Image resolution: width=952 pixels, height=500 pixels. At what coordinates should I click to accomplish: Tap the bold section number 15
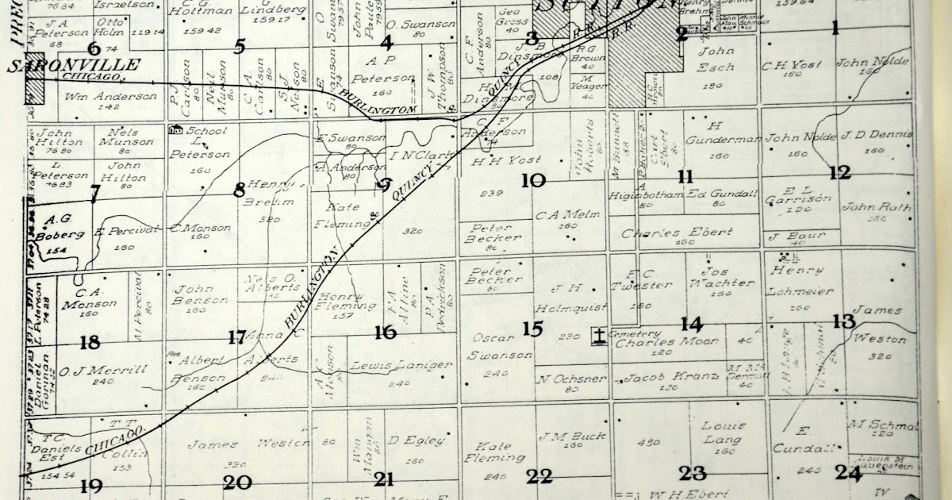[x=532, y=328]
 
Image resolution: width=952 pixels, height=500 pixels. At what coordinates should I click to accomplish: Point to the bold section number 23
[x=692, y=474]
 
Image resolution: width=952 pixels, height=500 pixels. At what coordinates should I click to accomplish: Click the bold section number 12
[x=839, y=172]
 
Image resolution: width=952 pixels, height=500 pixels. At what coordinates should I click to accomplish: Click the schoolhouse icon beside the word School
[x=176, y=129]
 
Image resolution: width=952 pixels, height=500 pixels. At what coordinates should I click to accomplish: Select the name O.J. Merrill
[x=92, y=370]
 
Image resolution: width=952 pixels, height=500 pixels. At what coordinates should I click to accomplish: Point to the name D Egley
[x=416, y=440]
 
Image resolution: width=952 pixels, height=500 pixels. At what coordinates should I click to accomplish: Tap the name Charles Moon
[x=655, y=343]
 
